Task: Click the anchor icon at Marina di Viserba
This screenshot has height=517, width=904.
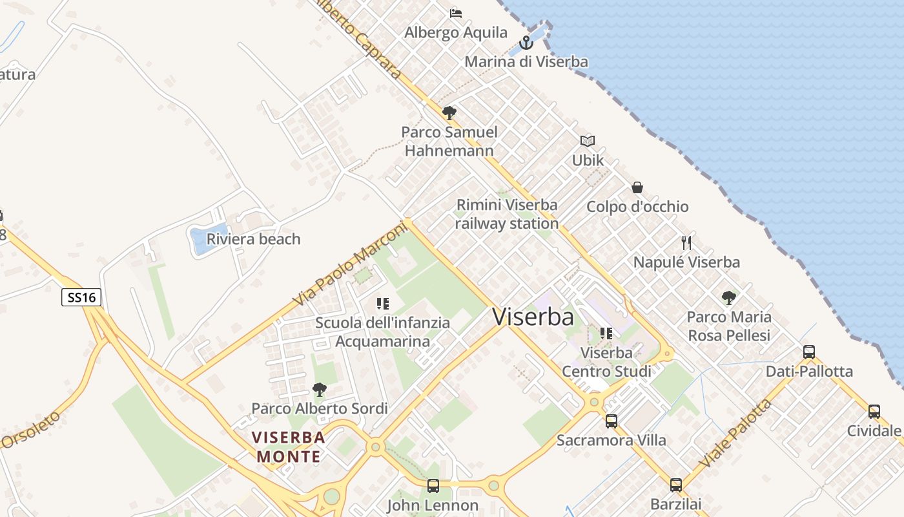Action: tap(526, 43)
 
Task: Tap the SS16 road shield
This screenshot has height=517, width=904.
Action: tap(81, 297)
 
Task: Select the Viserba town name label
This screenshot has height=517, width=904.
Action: tap(533, 317)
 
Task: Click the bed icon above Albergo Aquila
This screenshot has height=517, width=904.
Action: tap(456, 13)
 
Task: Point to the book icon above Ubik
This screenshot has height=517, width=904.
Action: tap(587, 141)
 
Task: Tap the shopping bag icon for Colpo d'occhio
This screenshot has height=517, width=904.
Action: tap(637, 187)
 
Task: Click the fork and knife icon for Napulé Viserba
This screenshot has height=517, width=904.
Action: tap(686, 243)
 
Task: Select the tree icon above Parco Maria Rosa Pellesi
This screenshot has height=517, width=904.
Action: tap(729, 298)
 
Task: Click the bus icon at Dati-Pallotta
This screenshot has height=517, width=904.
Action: tap(809, 352)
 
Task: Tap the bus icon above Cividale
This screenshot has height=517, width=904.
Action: tap(874, 411)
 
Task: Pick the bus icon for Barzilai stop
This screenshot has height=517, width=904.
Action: tap(675, 485)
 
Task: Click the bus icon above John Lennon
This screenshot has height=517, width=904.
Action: tap(433, 485)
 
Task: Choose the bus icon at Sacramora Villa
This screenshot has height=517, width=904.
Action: tap(611, 421)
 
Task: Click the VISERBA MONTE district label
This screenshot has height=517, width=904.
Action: tap(289, 447)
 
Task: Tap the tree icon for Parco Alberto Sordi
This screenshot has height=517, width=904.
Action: tap(319, 390)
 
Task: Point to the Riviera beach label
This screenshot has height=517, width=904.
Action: tap(253, 239)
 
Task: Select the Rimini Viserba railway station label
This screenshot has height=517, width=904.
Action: tap(507, 214)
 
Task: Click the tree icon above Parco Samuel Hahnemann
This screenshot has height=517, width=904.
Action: tap(449, 113)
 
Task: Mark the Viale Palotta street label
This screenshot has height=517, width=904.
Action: tap(736, 434)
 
